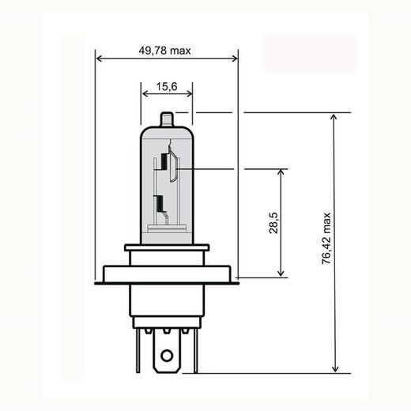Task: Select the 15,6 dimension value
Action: [167, 85]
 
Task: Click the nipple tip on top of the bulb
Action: [167, 117]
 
